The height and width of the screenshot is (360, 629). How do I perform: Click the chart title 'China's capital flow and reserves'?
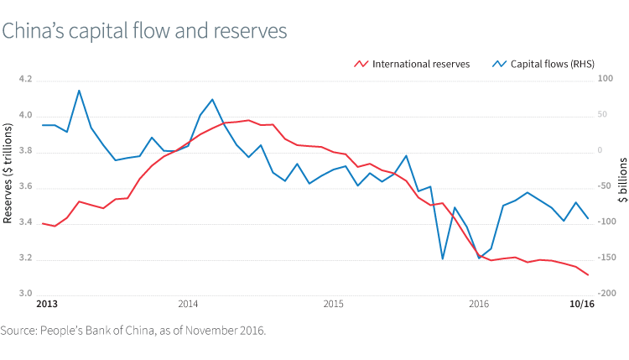144,30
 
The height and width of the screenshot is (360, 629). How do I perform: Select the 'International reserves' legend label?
420,63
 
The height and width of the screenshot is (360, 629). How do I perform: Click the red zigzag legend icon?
361,63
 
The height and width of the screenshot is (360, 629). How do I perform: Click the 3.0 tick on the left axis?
24,295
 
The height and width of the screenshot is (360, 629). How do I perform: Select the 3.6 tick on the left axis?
24,187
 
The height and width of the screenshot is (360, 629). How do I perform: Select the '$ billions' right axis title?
621,180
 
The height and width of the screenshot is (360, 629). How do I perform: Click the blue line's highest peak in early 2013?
79,91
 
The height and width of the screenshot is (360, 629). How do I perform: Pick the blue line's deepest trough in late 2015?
442,258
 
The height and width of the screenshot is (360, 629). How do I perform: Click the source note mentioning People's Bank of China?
133,331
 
